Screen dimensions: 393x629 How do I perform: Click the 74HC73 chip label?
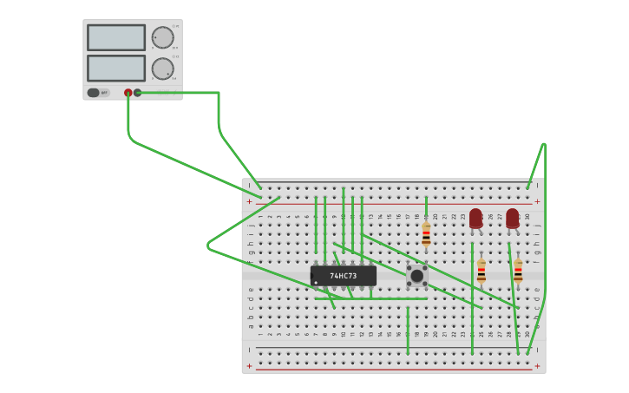click(x=344, y=276)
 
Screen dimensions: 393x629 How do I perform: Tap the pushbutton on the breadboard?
click(x=416, y=276)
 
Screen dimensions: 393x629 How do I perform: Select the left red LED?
click(x=475, y=219)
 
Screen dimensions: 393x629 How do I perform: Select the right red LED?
click(x=513, y=219)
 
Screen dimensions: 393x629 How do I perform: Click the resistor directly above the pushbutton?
click(x=426, y=235)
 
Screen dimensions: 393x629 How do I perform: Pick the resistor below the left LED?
click(x=482, y=272)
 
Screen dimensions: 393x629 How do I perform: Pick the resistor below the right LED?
click(x=518, y=272)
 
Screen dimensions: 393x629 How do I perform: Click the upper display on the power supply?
click(x=116, y=37)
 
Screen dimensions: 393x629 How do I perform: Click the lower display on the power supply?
click(x=116, y=68)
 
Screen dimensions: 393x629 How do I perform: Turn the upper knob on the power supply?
click(x=162, y=37)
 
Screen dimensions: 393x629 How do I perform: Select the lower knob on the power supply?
click(x=162, y=69)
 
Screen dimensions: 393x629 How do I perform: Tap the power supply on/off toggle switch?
click(x=94, y=93)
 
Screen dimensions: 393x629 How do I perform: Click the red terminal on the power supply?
click(x=128, y=93)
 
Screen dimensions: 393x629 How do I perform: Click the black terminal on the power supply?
click(x=138, y=93)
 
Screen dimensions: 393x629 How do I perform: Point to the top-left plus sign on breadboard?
click(x=250, y=201)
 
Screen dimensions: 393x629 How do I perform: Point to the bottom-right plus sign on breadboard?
click(x=537, y=366)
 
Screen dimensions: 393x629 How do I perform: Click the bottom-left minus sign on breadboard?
click(x=250, y=350)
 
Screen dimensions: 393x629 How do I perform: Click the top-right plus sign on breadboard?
click(x=537, y=201)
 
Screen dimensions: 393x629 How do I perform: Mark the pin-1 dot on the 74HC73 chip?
click(x=316, y=282)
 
